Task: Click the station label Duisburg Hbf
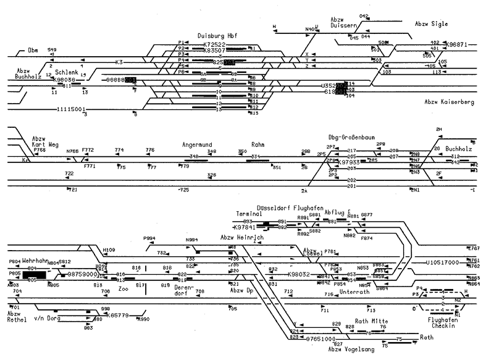coord(218,36)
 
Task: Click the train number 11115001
coord(70,109)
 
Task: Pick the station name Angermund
coord(197,144)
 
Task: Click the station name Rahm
coord(257,144)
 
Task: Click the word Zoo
coord(123,288)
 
